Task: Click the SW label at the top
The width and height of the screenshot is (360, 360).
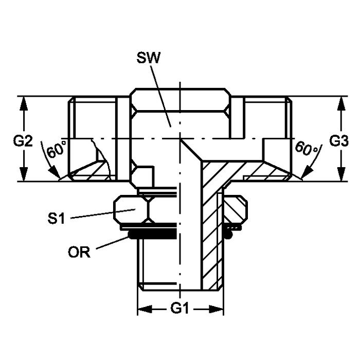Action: [148, 58]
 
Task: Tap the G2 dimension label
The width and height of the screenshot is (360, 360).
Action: [23, 141]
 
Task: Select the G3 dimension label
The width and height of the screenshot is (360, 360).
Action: [339, 141]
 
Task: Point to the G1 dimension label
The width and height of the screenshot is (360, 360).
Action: [179, 309]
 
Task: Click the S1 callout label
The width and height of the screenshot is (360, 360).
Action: [56, 219]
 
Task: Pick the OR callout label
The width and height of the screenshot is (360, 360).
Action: [79, 253]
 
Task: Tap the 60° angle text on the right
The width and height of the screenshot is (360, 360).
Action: [307, 149]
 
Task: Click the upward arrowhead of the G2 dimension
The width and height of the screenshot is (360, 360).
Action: [24, 104]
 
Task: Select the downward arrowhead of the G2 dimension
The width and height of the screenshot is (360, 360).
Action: [24, 174]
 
